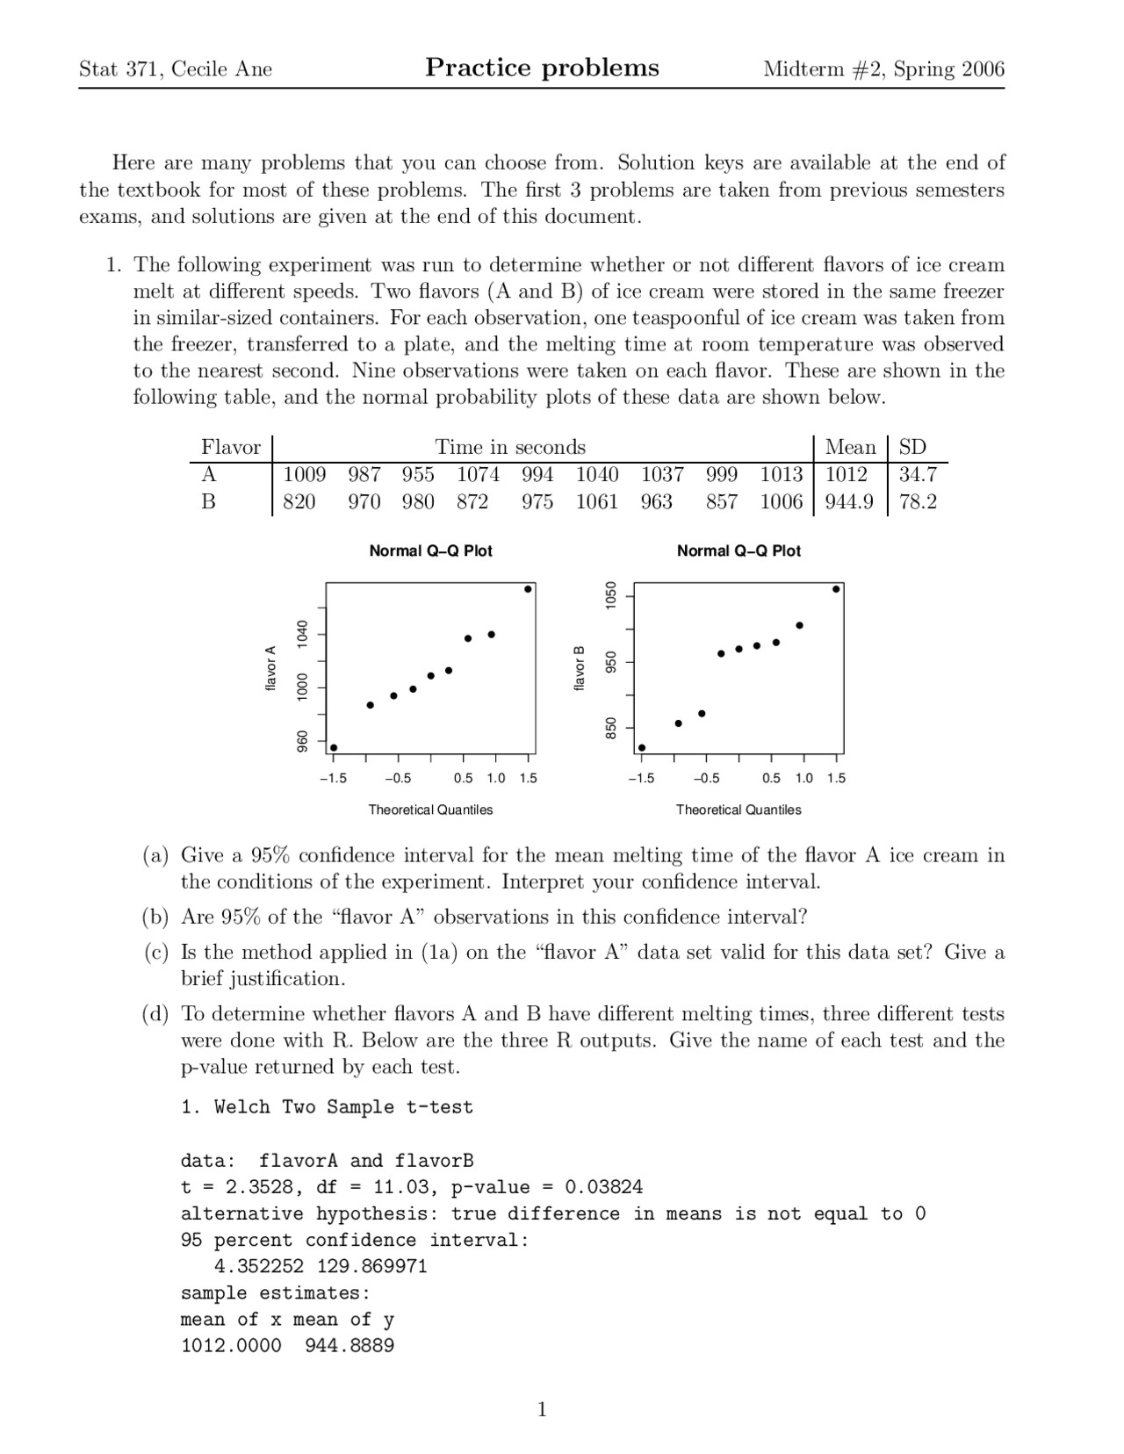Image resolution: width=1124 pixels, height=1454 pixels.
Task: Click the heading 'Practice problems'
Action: point(542,68)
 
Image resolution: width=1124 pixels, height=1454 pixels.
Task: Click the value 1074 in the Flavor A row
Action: point(478,475)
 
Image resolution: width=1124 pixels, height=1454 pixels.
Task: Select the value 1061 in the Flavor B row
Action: point(596,502)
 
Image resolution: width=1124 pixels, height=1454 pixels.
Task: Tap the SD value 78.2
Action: point(918,502)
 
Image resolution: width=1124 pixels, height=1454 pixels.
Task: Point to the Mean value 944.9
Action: point(849,502)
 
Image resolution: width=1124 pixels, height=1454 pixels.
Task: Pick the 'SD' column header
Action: point(912,448)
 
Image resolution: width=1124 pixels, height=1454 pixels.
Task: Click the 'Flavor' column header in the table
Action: point(231,448)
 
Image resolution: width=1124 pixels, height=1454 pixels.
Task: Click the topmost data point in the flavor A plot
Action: point(528,589)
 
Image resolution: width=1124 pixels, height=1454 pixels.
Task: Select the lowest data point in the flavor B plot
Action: point(642,748)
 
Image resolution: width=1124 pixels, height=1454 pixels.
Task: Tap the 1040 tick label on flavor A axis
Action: point(302,633)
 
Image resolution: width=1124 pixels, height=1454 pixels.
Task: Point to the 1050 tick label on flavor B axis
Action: point(610,595)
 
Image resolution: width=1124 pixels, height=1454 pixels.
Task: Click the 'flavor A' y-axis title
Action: point(270,667)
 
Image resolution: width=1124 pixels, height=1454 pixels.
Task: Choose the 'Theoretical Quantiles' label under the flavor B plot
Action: point(739,810)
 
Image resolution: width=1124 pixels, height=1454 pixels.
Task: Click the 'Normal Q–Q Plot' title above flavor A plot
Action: point(430,551)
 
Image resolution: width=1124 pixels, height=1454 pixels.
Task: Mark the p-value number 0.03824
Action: point(603,1188)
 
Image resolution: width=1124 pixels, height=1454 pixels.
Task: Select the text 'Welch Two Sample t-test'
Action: point(343,1107)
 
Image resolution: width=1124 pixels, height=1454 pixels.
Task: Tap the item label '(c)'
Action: point(155,953)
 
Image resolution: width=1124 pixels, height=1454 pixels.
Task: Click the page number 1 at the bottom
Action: point(542,1410)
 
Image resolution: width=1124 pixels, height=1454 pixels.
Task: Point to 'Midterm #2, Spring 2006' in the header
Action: point(883,69)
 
